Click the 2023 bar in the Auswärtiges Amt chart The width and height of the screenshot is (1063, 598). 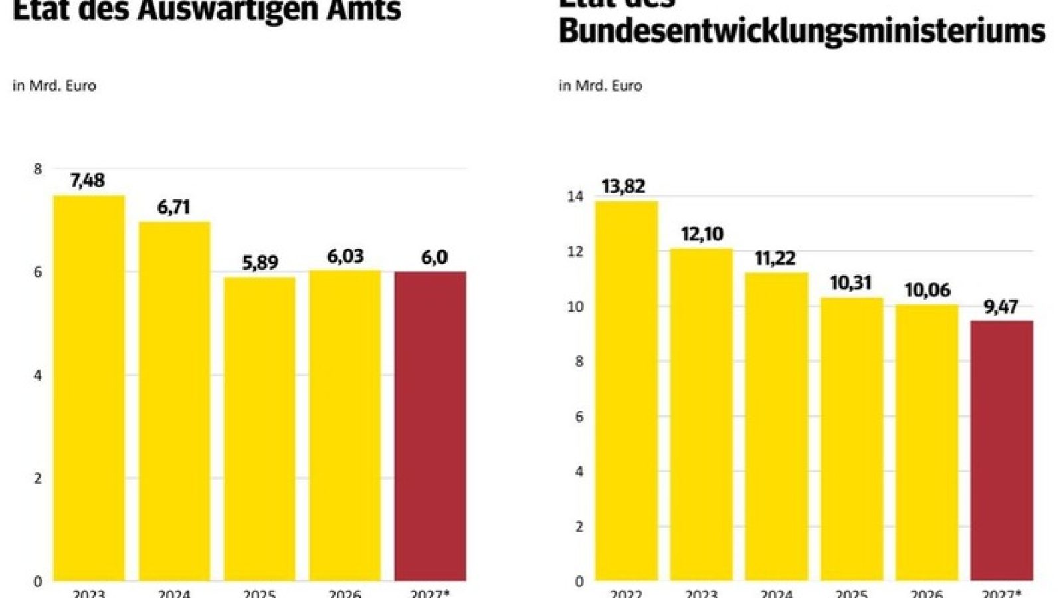coord(89,389)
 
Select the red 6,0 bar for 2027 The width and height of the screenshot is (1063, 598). coord(430,425)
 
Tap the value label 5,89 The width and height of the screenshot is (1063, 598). coord(260,263)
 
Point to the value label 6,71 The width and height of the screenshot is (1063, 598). coord(173,207)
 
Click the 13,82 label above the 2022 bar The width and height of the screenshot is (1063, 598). coord(623,187)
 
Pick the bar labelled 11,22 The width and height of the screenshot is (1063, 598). coord(776,425)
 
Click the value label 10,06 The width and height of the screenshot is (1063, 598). coord(927,290)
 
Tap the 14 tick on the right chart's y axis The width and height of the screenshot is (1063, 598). coord(575,197)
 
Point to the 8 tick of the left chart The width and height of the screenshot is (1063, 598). coord(38,169)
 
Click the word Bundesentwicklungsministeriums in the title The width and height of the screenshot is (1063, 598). coord(802,31)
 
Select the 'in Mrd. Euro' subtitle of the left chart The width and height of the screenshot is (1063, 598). coord(54,86)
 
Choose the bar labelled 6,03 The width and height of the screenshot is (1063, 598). coord(345,425)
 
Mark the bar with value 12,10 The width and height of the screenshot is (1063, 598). coord(701,415)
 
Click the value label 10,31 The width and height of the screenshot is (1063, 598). coord(850,283)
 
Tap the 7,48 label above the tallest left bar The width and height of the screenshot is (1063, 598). coord(87,181)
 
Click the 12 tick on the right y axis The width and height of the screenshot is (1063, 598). coord(575,252)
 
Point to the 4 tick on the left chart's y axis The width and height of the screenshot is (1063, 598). coord(38,376)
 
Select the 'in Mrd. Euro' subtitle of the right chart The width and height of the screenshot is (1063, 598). coord(601,86)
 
